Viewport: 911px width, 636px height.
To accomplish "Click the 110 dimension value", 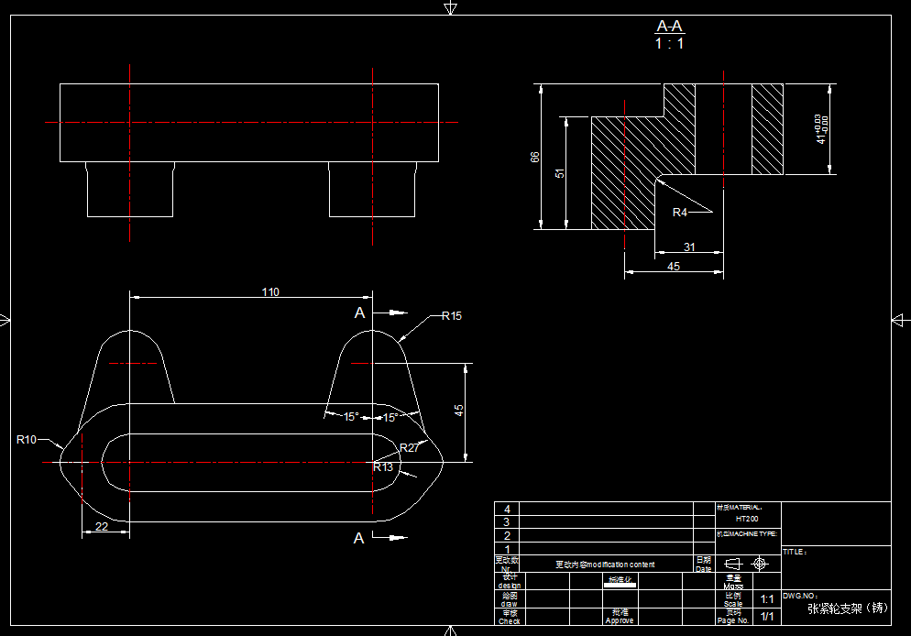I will pyautogui.click(x=270, y=292).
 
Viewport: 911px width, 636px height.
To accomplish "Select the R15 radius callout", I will pyautogui.click(x=451, y=316).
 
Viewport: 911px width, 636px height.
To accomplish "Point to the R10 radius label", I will pyautogui.click(x=27, y=440).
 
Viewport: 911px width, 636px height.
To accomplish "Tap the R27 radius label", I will pyautogui.click(x=409, y=448).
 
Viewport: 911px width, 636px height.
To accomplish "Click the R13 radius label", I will pyautogui.click(x=383, y=467).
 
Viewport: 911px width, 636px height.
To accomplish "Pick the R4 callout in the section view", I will pyautogui.click(x=680, y=213).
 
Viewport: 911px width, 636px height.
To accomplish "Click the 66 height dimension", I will pyautogui.click(x=535, y=157).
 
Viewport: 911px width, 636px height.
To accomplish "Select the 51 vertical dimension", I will pyautogui.click(x=560, y=172).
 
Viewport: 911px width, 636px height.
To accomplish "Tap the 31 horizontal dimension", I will pyautogui.click(x=689, y=247).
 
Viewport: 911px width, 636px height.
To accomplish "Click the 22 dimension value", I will pyautogui.click(x=101, y=526).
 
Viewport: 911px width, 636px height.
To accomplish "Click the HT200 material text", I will pyautogui.click(x=747, y=519).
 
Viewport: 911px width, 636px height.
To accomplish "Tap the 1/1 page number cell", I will pyautogui.click(x=767, y=616).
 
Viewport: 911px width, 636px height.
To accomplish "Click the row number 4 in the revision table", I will pyautogui.click(x=506, y=509).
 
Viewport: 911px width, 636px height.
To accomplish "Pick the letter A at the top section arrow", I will pyautogui.click(x=359, y=313).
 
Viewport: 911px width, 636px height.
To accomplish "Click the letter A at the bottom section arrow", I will pyautogui.click(x=359, y=539).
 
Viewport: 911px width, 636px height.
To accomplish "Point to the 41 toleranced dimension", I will pyautogui.click(x=822, y=129).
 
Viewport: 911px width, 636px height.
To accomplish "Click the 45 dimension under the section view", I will pyautogui.click(x=674, y=267).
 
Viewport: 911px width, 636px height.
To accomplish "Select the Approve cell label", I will pyautogui.click(x=620, y=620).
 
